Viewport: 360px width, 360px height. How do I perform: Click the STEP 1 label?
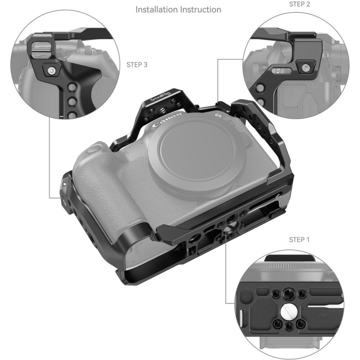[299, 239]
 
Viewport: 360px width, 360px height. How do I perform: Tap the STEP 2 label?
[299, 4]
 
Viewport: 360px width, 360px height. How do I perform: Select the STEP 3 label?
[136, 65]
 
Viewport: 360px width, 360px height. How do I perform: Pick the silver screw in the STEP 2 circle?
[306, 68]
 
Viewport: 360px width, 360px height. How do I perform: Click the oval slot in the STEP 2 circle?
[277, 71]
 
